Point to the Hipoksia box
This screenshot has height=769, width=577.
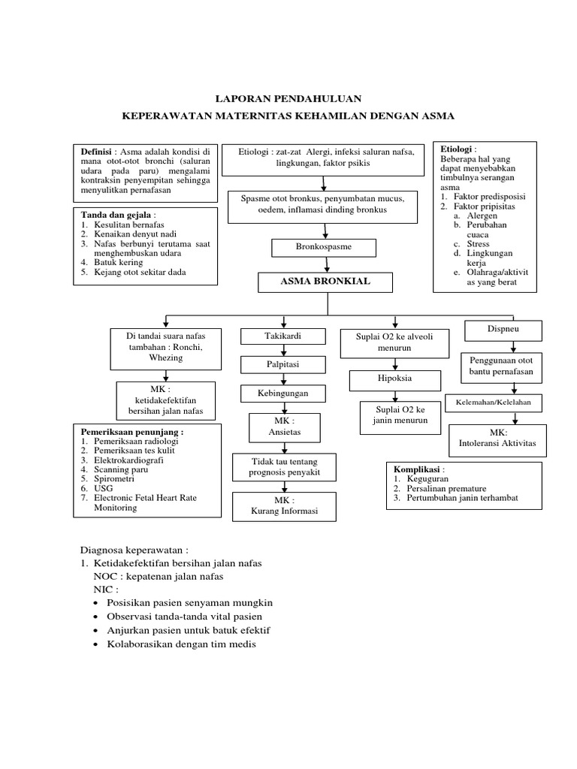(x=394, y=379)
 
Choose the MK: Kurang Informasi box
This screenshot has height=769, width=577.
(x=284, y=506)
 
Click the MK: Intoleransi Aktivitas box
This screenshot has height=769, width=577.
(x=497, y=439)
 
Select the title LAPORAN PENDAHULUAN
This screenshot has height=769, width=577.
(x=289, y=98)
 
